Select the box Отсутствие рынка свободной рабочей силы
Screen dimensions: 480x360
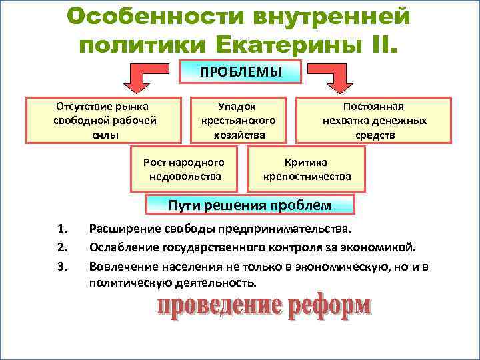click(103, 121)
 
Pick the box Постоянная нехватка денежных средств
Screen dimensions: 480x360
click(374, 121)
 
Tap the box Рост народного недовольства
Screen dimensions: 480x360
click(184, 169)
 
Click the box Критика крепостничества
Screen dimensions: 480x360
click(307, 169)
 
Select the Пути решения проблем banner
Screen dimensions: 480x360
click(250, 204)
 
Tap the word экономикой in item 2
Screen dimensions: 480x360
click(381, 248)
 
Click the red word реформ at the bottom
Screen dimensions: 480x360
click(329, 307)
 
